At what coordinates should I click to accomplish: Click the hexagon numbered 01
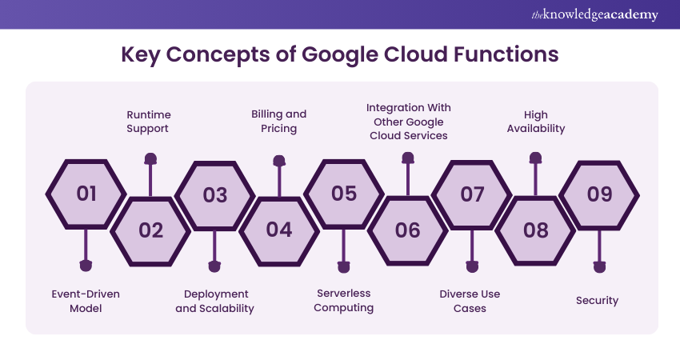point(86,194)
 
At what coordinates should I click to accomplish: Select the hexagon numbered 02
point(150,230)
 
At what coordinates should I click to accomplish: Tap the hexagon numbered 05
point(343,194)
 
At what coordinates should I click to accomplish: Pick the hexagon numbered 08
point(535,230)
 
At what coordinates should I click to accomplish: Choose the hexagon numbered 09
point(599,194)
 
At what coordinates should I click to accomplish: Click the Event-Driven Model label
point(86,301)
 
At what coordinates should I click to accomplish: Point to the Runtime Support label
point(149,122)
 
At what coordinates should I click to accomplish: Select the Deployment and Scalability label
point(214,301)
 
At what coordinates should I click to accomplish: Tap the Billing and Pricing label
point(278,122)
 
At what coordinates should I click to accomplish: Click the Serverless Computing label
point(343,300)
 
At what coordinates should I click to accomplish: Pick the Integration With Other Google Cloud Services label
point(407,122)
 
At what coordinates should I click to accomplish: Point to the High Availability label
point(535,122)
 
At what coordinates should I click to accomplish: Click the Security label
point(597,301)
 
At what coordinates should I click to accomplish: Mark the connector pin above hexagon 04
point(279,161)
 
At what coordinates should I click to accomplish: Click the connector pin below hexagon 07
point(472,266)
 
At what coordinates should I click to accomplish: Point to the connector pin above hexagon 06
point(407,161)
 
